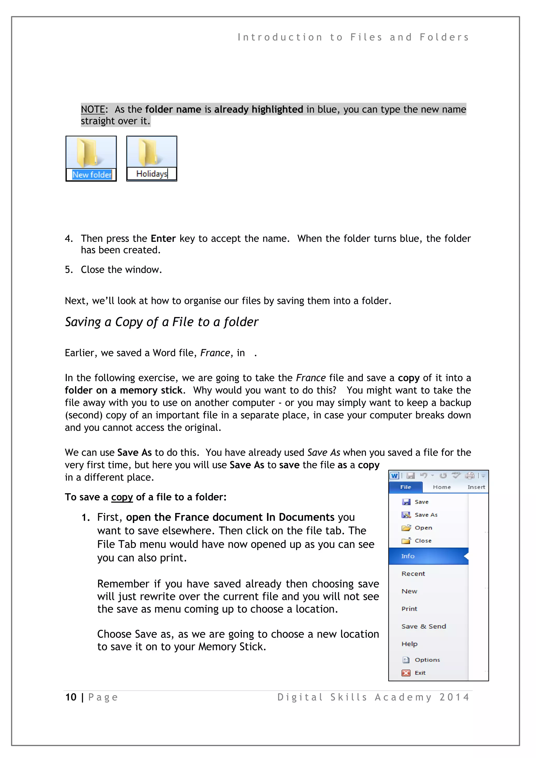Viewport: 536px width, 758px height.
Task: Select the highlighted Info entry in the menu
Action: (x=408, y=556)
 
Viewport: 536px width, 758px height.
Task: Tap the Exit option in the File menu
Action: (x=420, y=673)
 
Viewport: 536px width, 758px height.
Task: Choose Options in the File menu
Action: (x=427, y=660)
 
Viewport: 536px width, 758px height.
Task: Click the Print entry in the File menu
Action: (x=409, y=609)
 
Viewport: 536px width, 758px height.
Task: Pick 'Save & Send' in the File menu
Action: (x=423, y=626)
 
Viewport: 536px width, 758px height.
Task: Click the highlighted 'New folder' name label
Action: (x=92, y=175)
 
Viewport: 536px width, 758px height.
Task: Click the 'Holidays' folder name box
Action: (x=152, y=174)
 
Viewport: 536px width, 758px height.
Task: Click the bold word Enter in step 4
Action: (x=163, y=238)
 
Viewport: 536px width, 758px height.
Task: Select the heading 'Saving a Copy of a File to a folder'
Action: (x=161, y=322)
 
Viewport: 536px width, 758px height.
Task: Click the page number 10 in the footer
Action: (x=71, y=697)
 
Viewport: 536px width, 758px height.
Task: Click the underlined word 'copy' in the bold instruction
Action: (x=122, y=497)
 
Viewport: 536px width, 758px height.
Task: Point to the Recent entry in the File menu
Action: (x=413, y=574)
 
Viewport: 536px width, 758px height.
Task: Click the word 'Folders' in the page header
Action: (x=444, y=37)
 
